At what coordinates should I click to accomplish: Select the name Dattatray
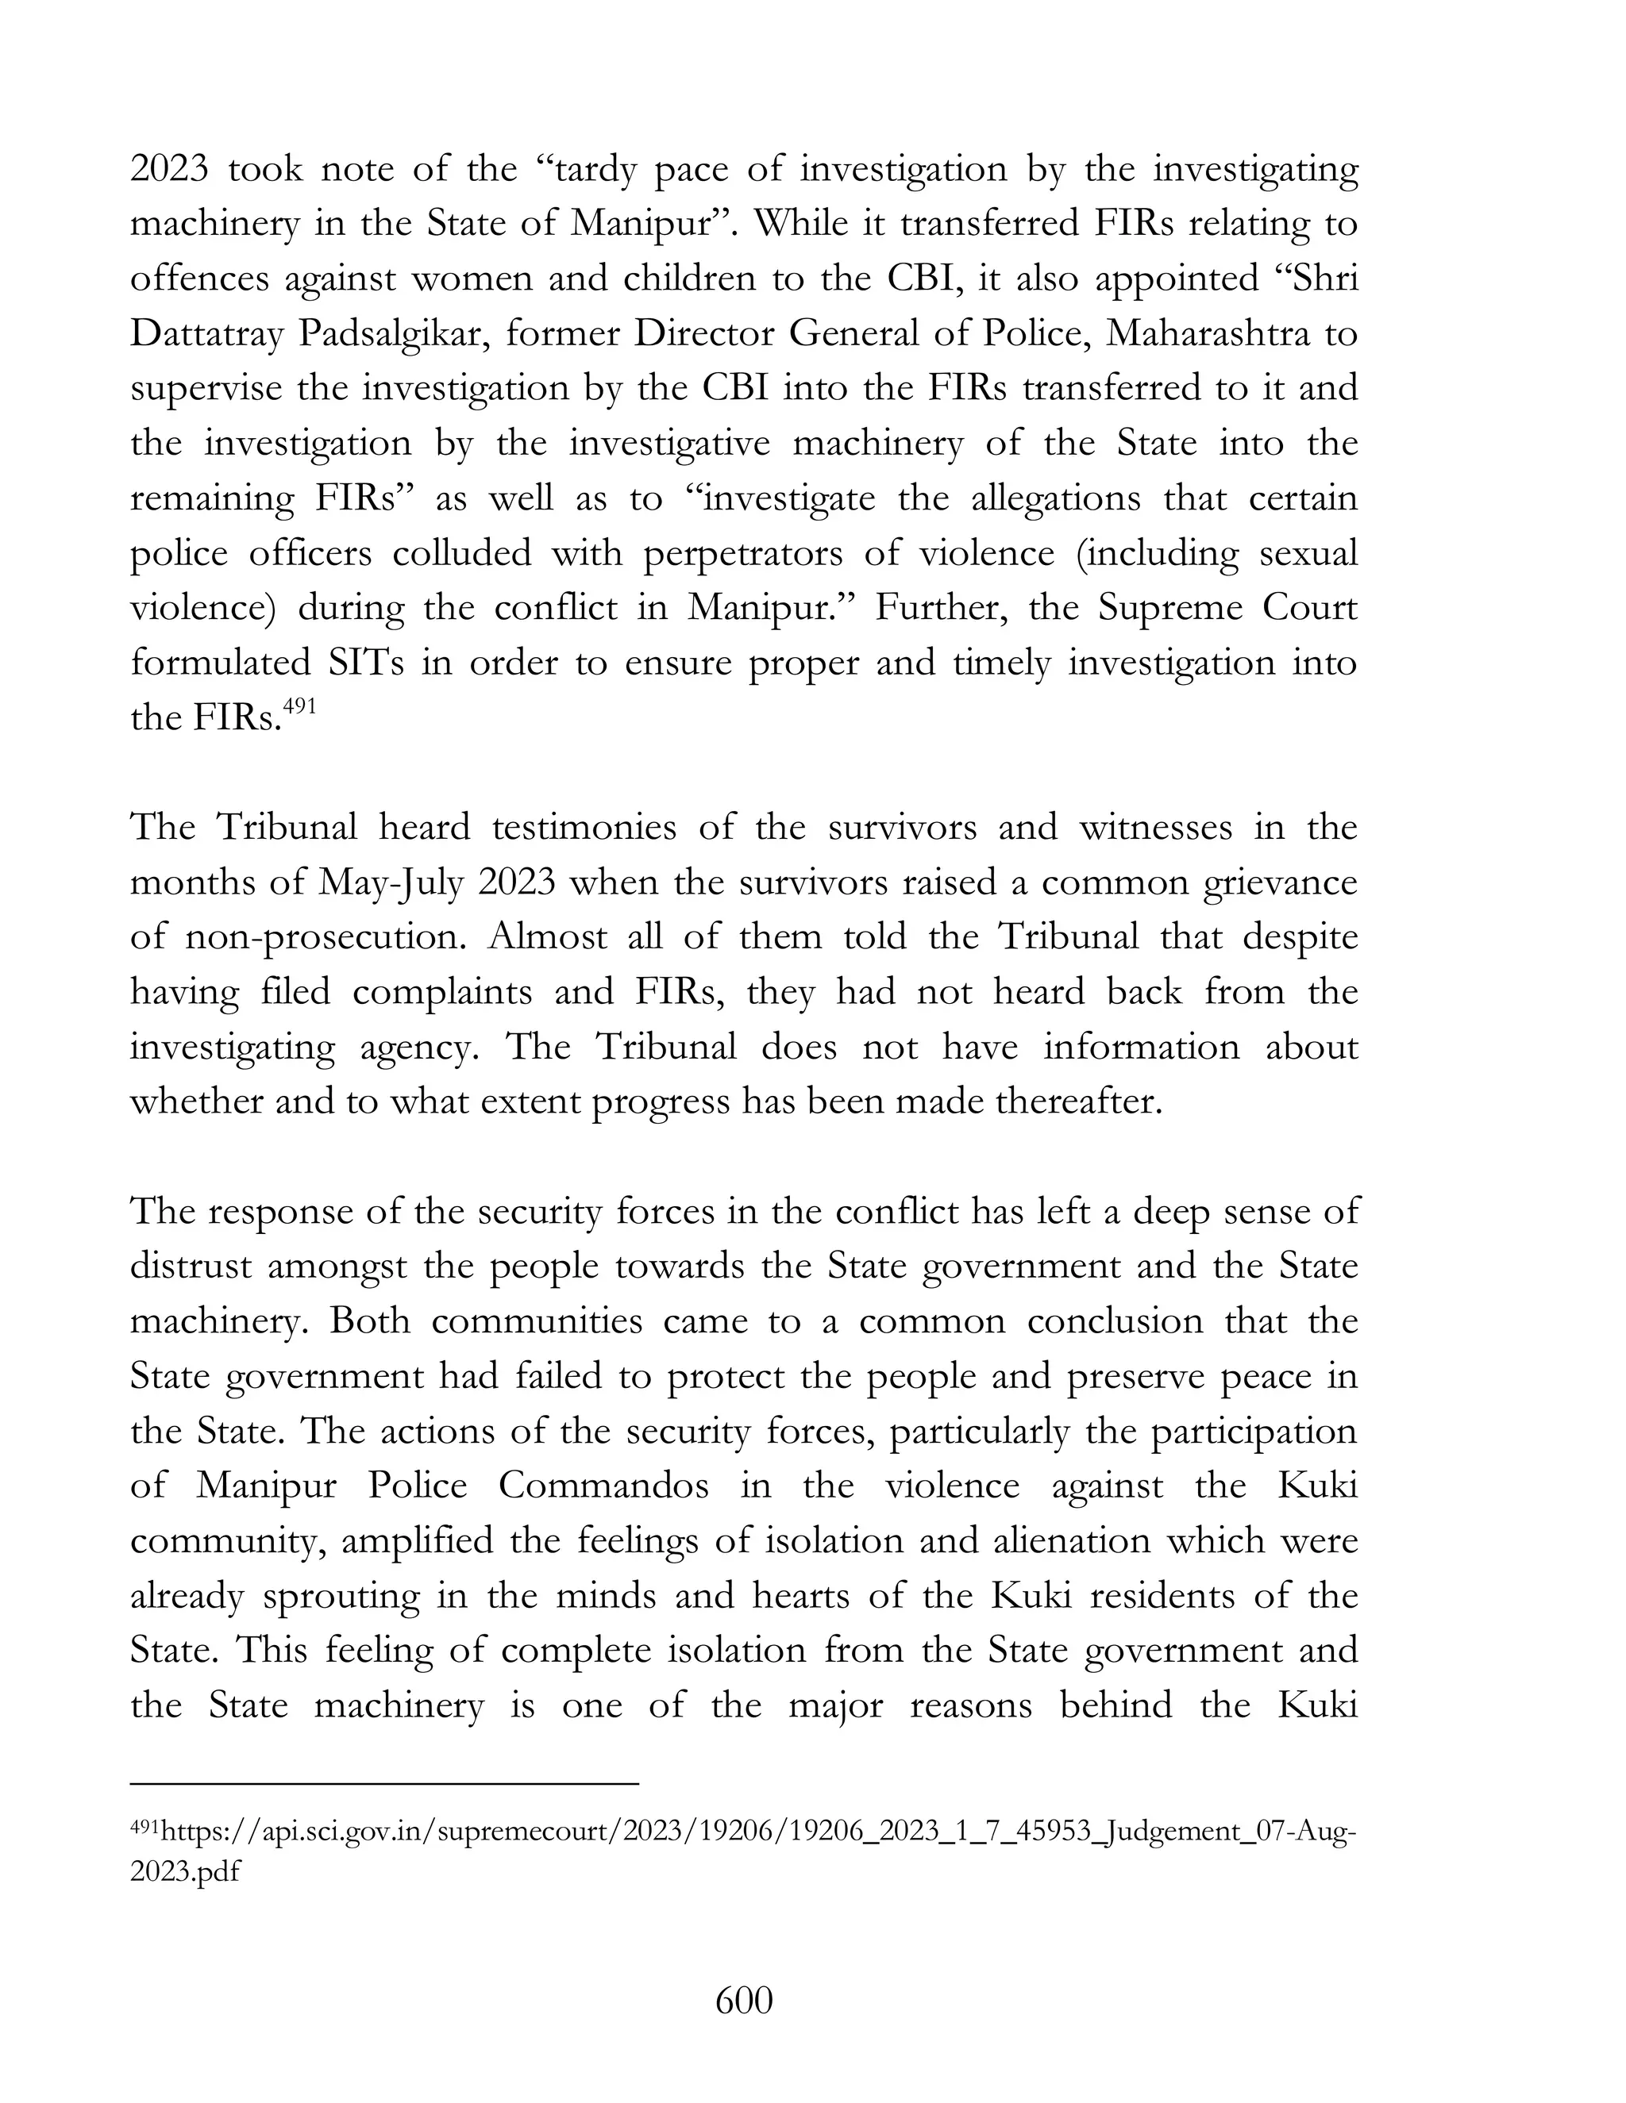(205, 334)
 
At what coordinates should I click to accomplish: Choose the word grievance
(1280, 883)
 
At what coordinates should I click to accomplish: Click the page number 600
(744, 2001)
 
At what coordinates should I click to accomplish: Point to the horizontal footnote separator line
(384, 1784)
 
